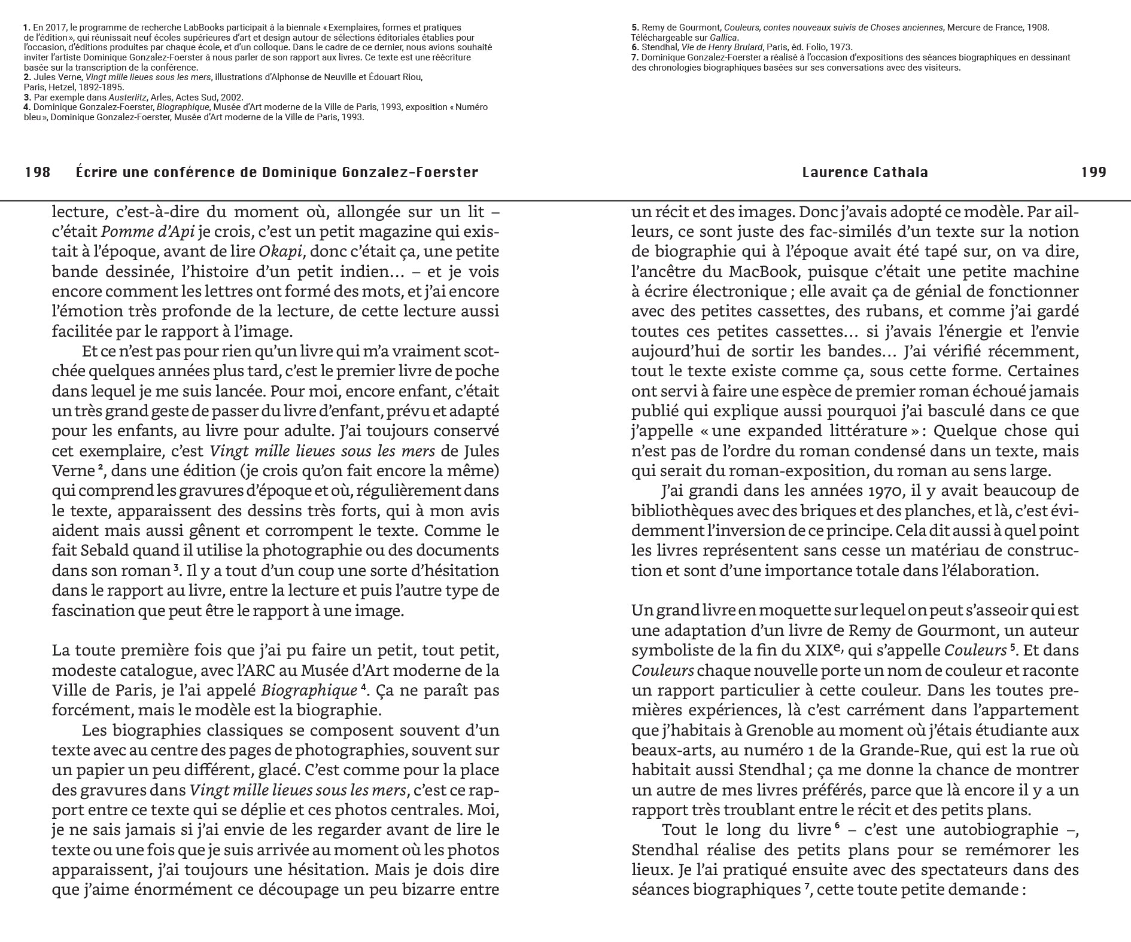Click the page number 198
point(38,172)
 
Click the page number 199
point(1093,172)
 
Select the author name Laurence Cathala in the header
point(865,172)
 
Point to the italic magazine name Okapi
point(279,252)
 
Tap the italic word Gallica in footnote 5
point(723,38)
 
